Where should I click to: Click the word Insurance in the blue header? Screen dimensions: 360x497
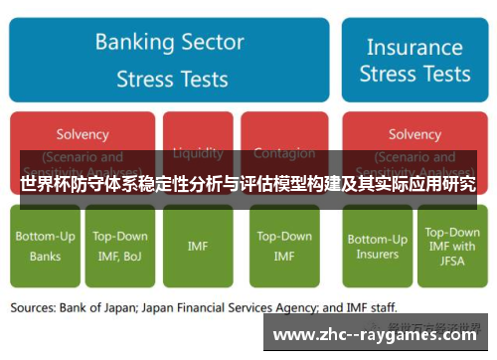[414, 47]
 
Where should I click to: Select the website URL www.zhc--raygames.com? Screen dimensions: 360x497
[378, 335]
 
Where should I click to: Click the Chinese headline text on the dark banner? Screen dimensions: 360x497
[248, 184]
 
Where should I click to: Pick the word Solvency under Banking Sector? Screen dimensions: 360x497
[83, 134]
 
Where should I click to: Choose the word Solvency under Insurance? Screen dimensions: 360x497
[414, 134]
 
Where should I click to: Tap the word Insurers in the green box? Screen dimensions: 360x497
[377, 256]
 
